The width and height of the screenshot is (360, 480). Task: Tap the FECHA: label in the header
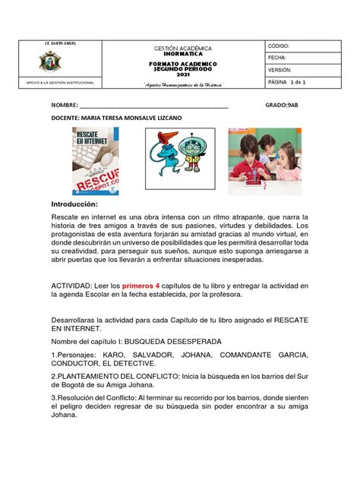pyautogui.click(x=276, y=58)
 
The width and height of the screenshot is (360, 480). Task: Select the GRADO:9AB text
pyautogui.click(x=282, y=107)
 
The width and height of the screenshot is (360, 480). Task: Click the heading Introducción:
pyautogui.click(x=75, y=205)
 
